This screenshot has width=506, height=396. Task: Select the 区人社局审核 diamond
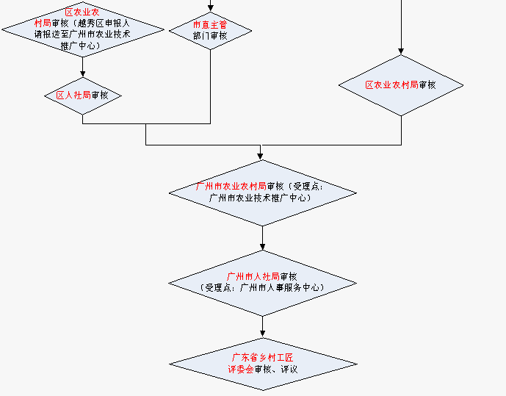82,95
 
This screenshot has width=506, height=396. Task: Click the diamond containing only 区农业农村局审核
401,85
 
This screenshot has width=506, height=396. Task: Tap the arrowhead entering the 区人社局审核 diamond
82,73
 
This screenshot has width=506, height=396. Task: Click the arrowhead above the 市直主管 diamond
211,8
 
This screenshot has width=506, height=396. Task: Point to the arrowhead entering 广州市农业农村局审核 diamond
260,156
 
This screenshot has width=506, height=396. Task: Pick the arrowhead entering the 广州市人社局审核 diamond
262,246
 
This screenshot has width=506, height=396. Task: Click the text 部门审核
210,36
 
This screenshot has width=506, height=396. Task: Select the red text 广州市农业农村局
231,186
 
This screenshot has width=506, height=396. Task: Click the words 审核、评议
275,368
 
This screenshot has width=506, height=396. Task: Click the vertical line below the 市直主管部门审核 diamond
211,88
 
